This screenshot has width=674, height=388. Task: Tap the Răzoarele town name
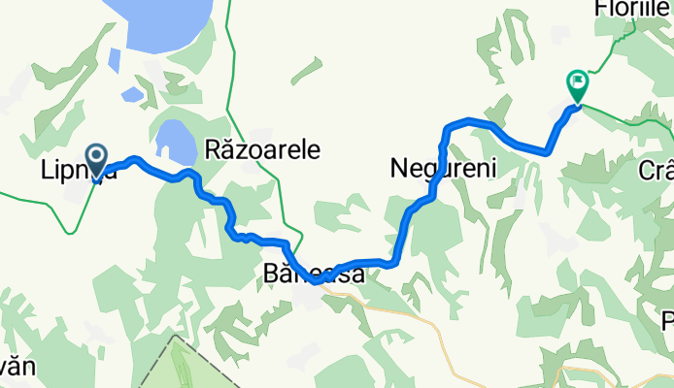click(262, 149)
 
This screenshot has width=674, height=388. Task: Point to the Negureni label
click(443, 169)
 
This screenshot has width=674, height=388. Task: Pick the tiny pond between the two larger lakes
click(130, 94)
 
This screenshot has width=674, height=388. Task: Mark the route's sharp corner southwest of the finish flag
click(548, 151)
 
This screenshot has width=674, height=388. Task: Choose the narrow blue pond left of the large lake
click(115, 60)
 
